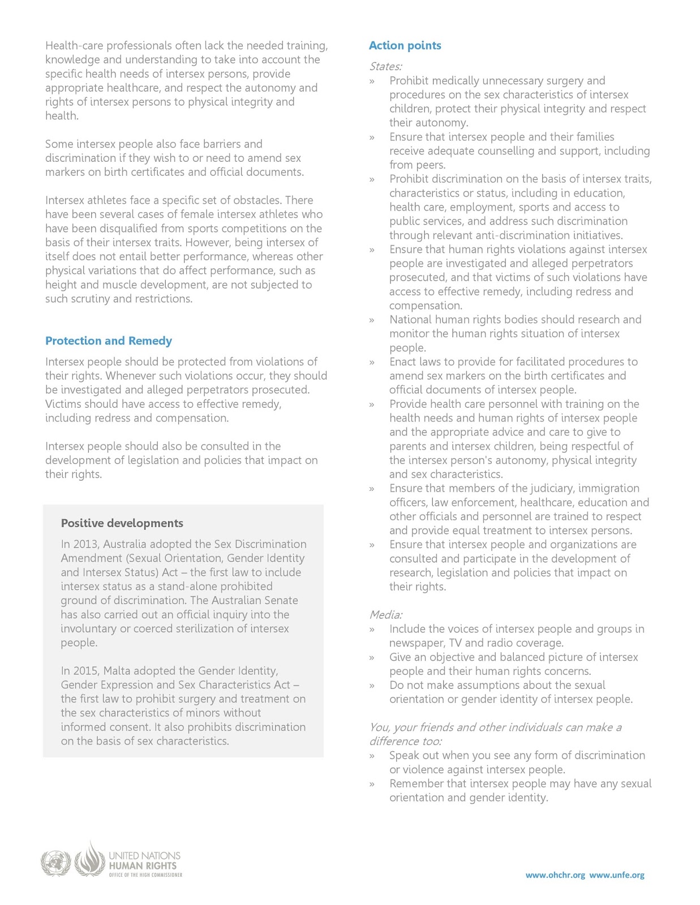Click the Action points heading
click(405, 46)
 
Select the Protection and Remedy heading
click(108, 341)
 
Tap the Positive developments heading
click(122, 523)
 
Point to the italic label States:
click(385, 67)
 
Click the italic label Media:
click(385, 615)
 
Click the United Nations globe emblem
click(55, 864)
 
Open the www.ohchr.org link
click(555, 875)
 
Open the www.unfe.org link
click(616, 875)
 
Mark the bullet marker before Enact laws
click(372, 363)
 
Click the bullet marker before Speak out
click(372, 756)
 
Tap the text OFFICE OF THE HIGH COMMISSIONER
click(145, 875)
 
